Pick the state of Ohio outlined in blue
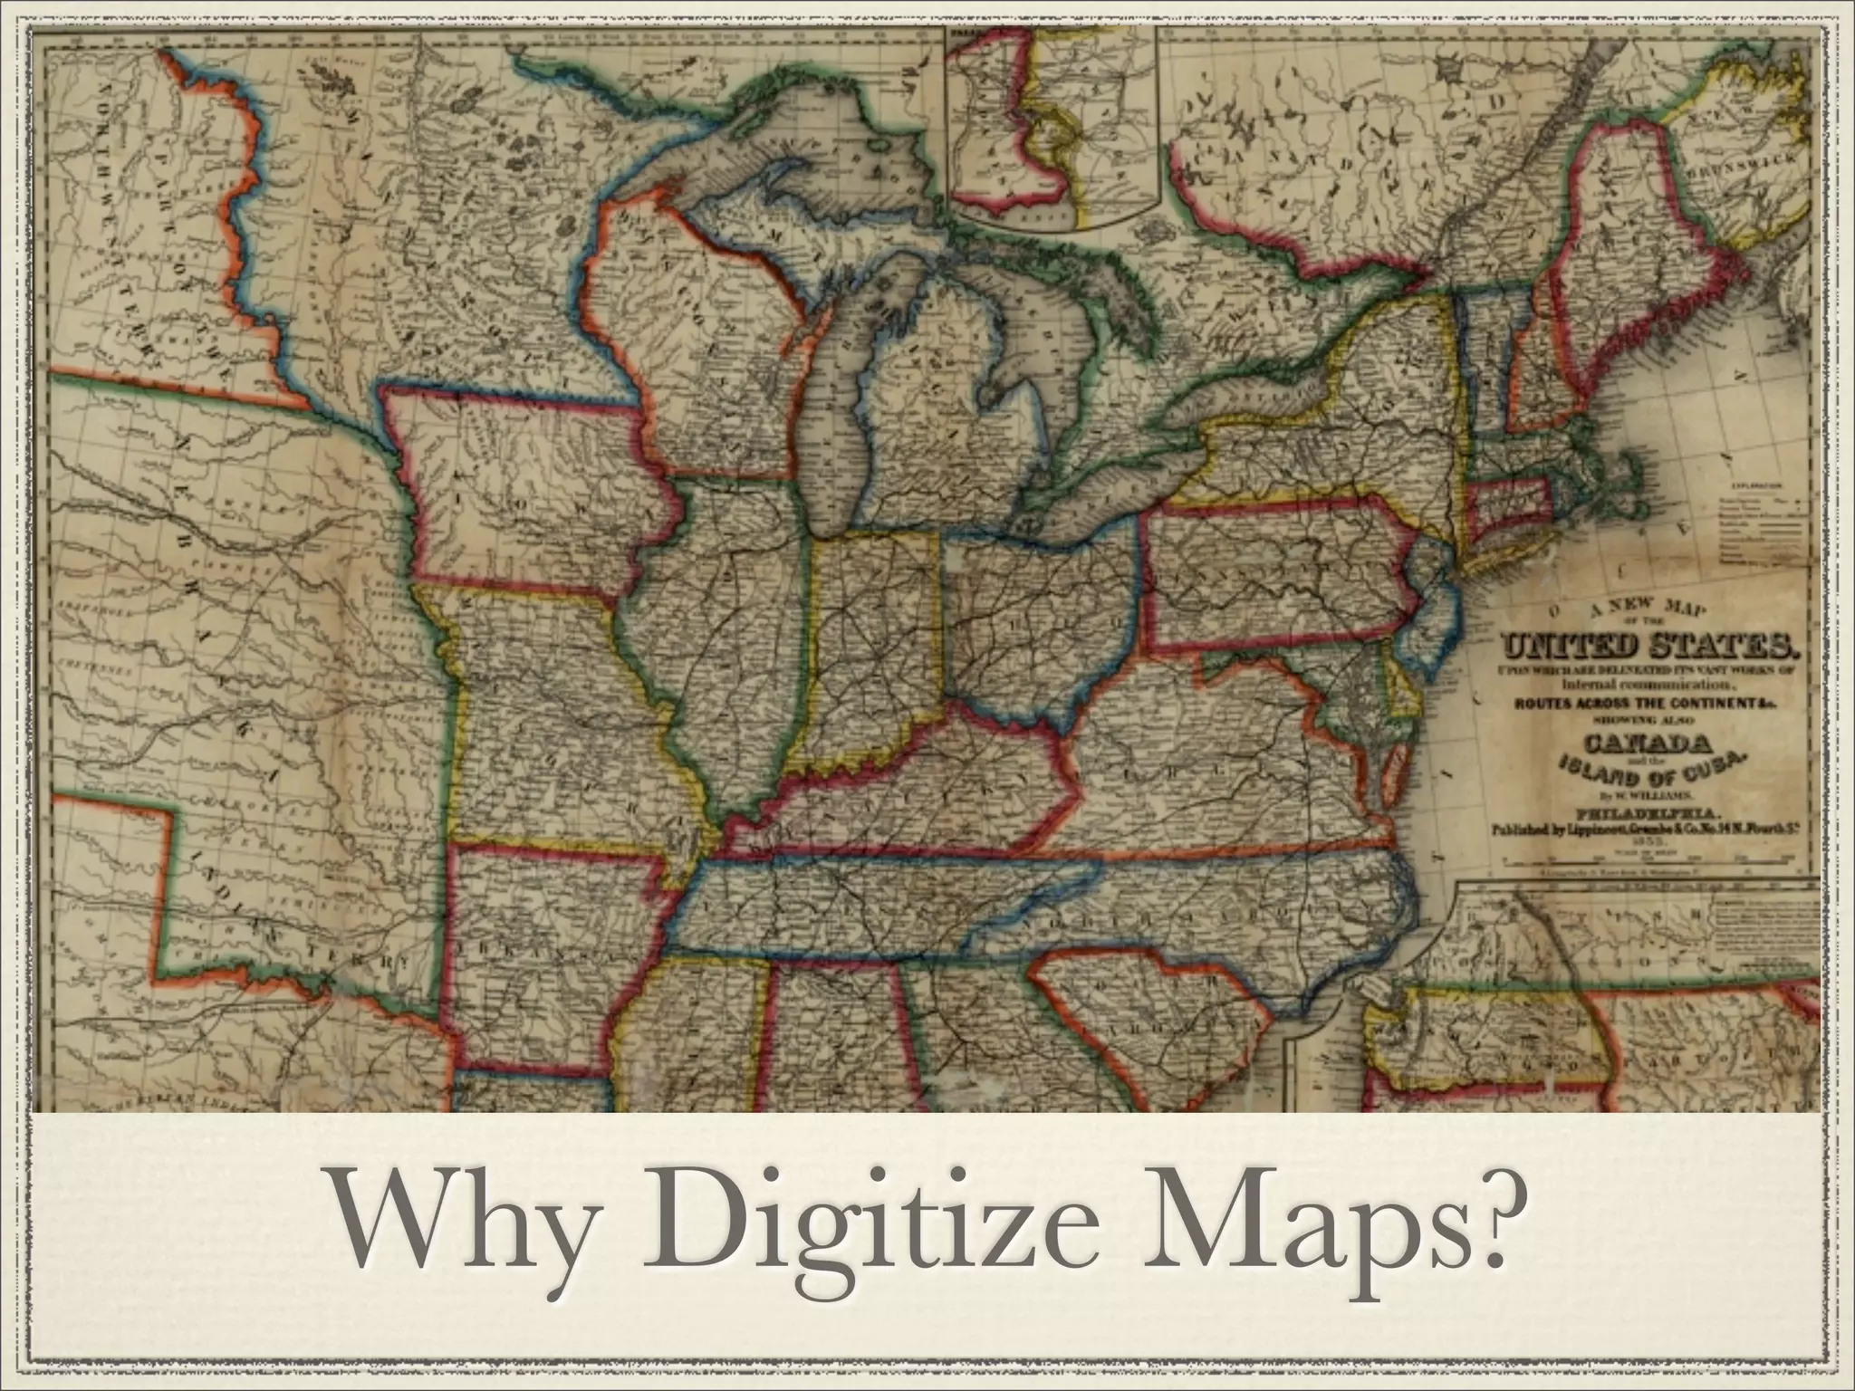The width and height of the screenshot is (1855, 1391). pyautogui.click(x=1042, y=616)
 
